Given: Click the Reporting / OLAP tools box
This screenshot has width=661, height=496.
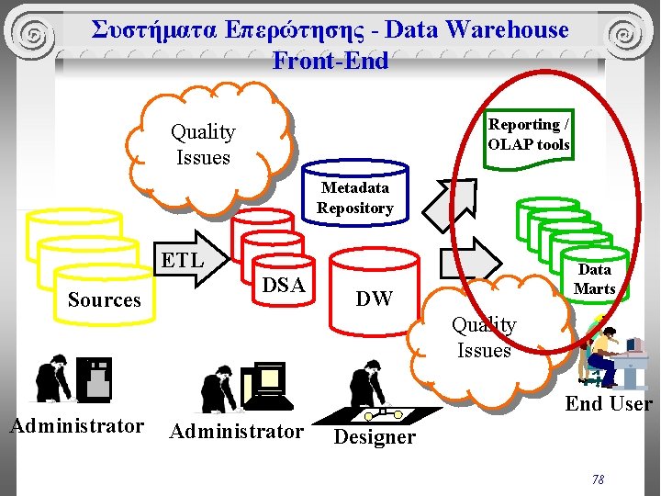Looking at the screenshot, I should pos(529,135).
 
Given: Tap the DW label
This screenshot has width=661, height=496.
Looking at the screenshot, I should pos(374,299).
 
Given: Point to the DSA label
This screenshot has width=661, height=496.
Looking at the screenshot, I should pos(284,286).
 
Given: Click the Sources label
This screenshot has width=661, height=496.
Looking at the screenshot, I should pos(105,300).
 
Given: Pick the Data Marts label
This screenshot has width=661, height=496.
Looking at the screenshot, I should pos(594,279).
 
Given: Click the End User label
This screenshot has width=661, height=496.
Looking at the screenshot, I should pos(609,404).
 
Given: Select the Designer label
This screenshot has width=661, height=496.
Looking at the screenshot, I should pos(375,438).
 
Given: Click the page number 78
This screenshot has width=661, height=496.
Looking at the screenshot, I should pos(598,479).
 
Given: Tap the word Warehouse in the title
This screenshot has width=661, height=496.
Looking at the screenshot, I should pos(508,29).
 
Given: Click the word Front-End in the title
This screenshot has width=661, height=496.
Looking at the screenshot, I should pos(330,62).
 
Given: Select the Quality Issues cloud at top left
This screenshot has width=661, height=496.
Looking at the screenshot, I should pos(204,143).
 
